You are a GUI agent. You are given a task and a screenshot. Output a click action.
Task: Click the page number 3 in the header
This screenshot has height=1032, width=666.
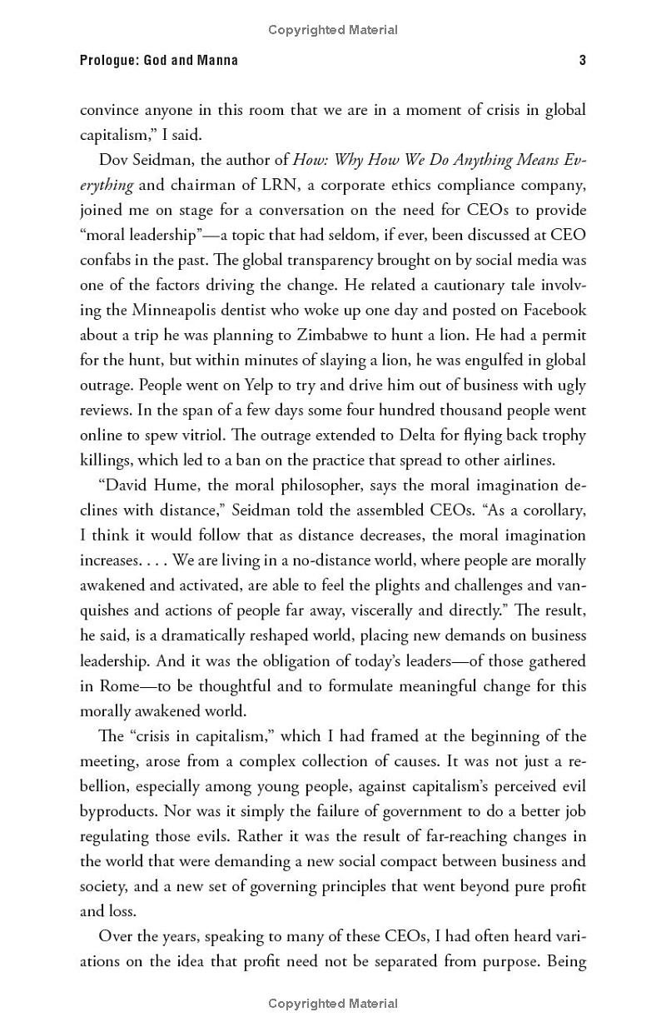582,60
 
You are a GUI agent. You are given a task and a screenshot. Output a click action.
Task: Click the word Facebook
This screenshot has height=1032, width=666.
554,310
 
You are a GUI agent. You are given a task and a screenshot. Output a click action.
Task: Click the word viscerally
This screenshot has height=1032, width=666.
388,610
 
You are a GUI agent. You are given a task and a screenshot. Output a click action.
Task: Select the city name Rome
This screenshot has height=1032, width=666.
122,686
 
